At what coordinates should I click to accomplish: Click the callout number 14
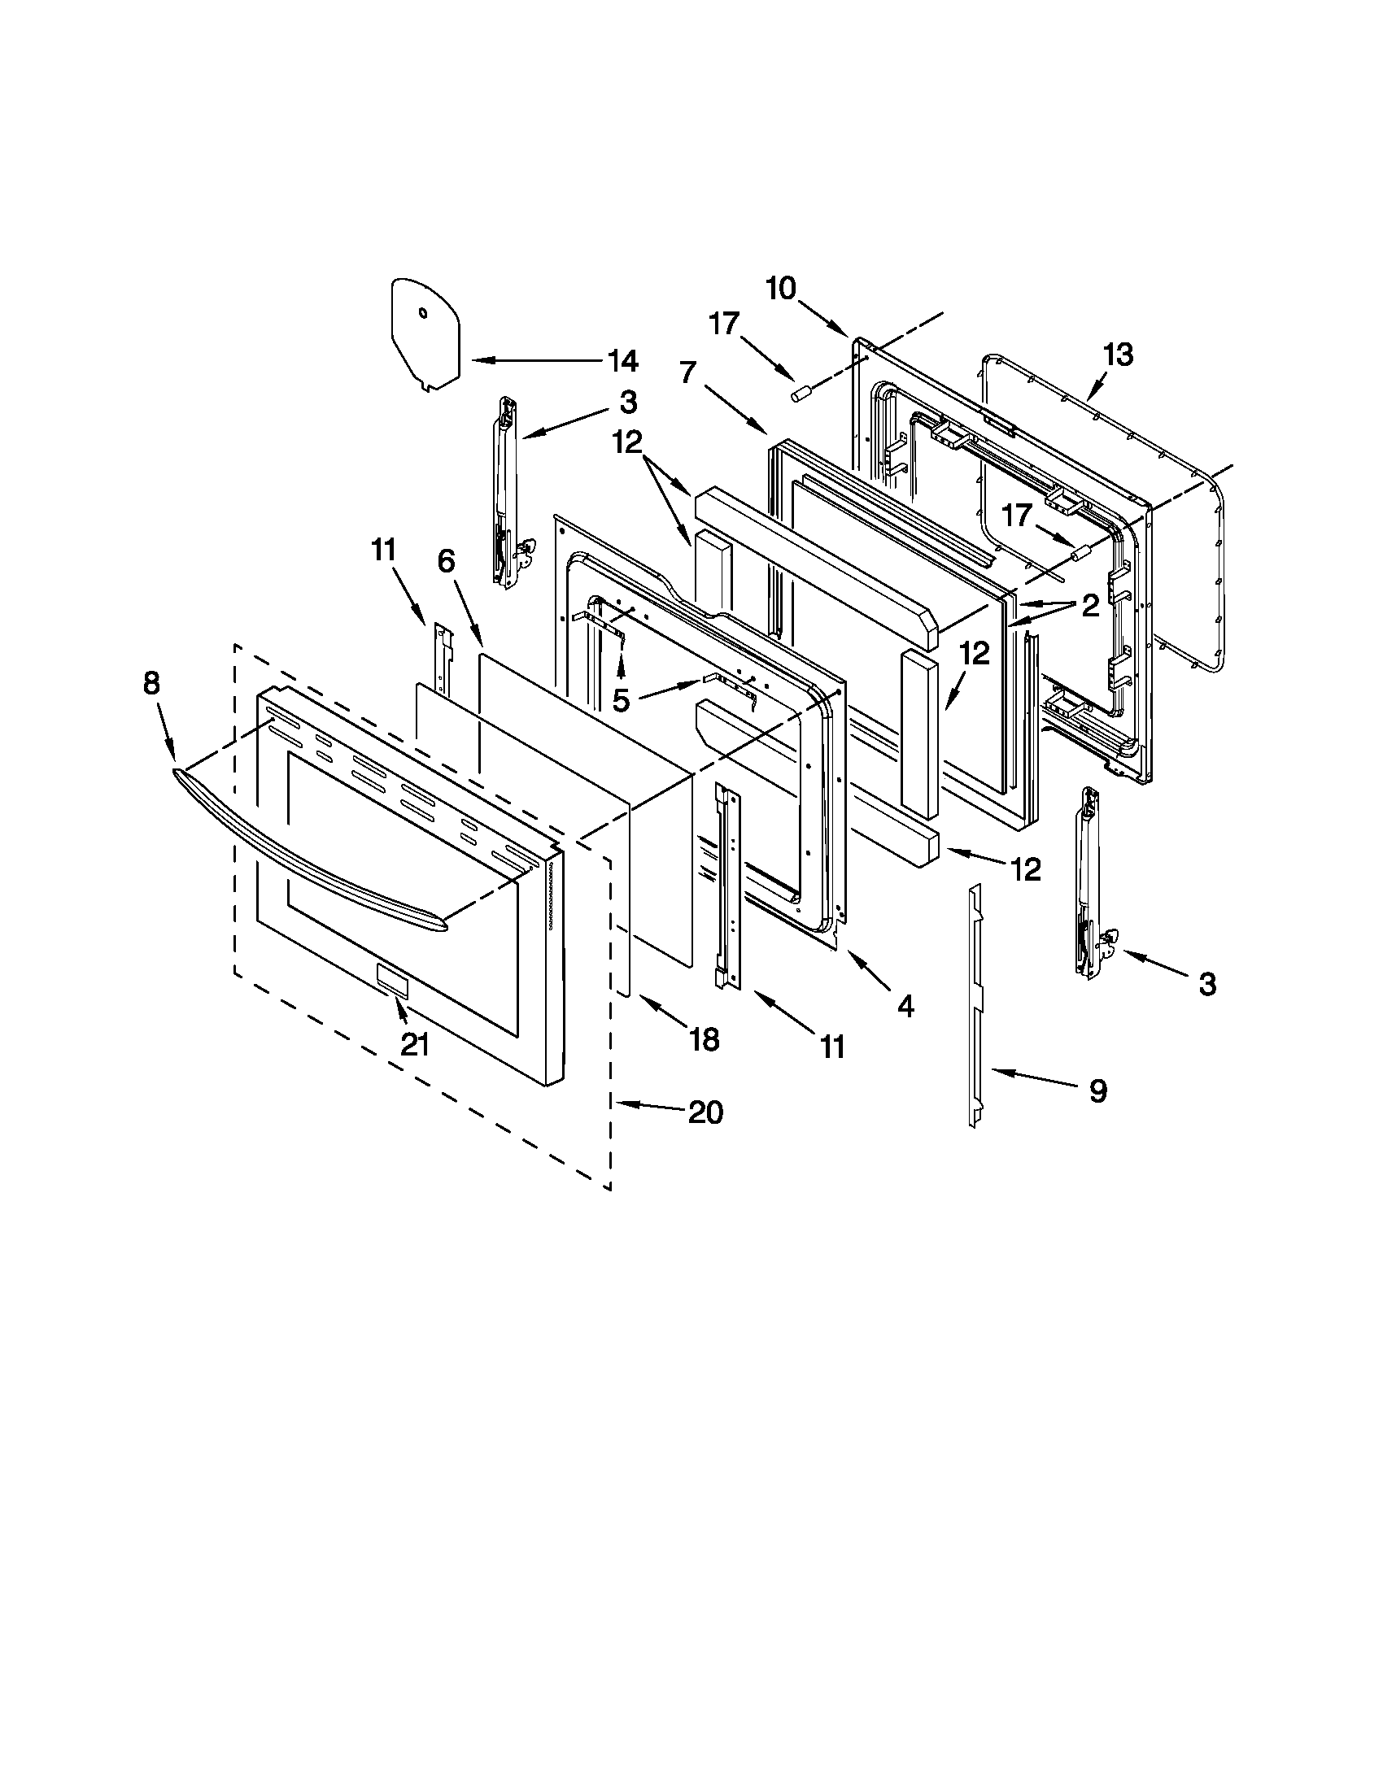622,360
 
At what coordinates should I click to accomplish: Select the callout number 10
781,289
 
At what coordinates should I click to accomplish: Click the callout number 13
1119,355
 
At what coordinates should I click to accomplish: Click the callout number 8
151,683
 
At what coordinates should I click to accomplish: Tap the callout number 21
415,1045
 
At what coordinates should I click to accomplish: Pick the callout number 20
705,1112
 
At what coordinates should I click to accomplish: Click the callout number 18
704,1039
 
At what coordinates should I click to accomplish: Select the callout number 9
1098,1090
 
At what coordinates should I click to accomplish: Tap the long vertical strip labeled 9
974,1008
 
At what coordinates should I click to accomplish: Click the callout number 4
905,1006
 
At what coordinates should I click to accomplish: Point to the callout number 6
446,561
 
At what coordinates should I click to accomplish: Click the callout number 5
622,701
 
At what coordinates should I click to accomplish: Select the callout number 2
1089,605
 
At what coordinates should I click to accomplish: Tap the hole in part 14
422,312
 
